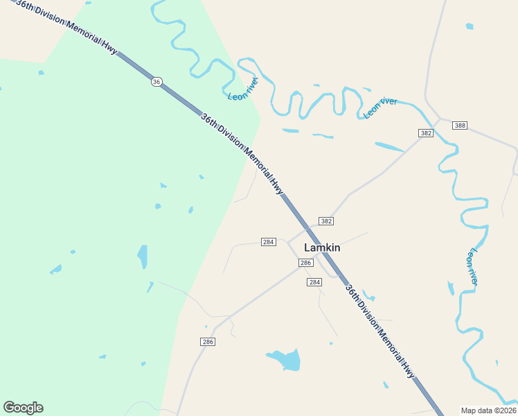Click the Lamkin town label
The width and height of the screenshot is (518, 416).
click(322, 248)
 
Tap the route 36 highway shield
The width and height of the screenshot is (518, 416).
click(157, 82)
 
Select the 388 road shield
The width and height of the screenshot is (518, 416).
click(460, 125)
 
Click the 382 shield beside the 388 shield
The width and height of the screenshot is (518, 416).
click(426, 133)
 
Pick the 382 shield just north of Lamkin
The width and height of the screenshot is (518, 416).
click(327, 221)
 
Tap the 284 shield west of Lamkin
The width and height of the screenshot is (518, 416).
click(269, 242)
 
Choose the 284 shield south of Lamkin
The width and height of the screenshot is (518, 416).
click(314, 282)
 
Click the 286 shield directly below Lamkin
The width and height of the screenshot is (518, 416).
click(305, 263)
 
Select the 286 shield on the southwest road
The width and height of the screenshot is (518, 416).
click(208, 342)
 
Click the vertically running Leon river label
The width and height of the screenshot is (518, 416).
click(474, 266)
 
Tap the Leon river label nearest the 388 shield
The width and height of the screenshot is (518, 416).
click(380, 108)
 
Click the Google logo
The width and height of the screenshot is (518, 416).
click(23, 408)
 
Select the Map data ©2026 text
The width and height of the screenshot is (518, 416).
click(489, 410)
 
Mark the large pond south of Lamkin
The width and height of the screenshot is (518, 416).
click(285, 360)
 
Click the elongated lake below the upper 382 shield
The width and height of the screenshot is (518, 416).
click(389, 147)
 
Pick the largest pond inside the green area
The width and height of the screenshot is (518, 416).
click(143, 257)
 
